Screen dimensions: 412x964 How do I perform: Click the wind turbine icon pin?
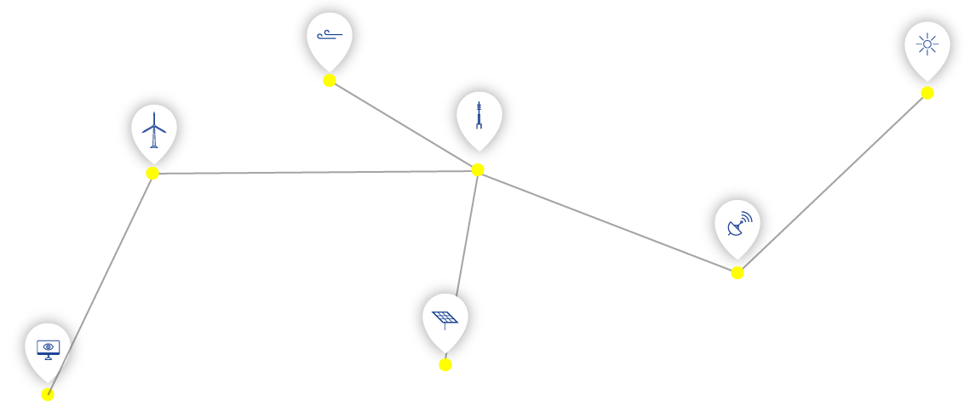click(x=154, y=130)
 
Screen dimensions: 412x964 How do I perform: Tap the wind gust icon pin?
click(x=330, y=38)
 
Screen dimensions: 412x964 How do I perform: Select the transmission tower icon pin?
click(x=479, y=117)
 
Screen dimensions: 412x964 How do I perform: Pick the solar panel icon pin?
click(x=445, y=319)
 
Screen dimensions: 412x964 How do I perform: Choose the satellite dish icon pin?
click(x=737, y=226)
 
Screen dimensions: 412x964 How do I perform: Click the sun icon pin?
click(x=927, y=48)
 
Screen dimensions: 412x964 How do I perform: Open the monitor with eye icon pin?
click(x=48, y=349)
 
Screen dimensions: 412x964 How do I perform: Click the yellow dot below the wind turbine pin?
click(x=152, y=173)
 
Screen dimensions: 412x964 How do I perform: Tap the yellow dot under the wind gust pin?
click(x=330, y=81)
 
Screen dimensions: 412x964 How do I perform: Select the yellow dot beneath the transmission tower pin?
click(x=478, y=169)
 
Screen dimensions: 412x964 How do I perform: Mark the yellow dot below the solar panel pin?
click(x=445, y=364)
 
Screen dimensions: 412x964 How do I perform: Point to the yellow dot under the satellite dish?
click(x=737, y=272)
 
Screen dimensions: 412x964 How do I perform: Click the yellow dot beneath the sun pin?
click(x=927, y=93)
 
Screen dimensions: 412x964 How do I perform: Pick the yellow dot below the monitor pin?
click(x=48, y=394)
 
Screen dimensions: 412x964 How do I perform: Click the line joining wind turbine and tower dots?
click(x=315, y=172)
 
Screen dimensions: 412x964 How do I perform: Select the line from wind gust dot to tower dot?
click(x=404, y=125)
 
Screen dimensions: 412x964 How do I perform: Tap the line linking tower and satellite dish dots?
click(x=607, y=221)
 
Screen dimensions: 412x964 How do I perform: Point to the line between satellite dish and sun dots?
click(x=832, y=183)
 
